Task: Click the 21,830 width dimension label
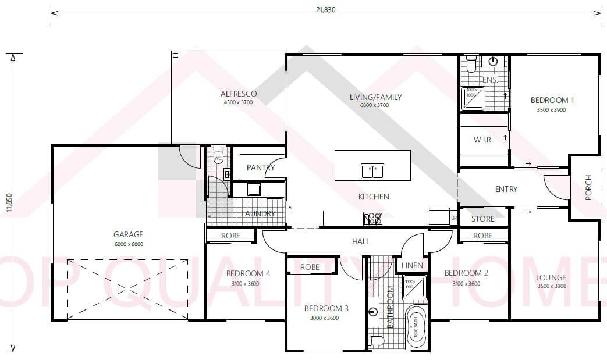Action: [x=325, y=9]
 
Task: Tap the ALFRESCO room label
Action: [x=239, y=94]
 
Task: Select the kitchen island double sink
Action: [x=372, y=171]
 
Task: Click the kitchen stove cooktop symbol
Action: [x=372, y=219]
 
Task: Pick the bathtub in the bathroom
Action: [x=416, y=328]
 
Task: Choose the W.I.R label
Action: [x=483, y=140]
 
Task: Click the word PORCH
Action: [x=588, y=187]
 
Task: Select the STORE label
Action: [x=483, y=219]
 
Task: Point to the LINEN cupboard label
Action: [x=412, y=265]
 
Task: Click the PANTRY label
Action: [x=260, y=168]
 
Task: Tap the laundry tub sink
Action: [x=254, y=189]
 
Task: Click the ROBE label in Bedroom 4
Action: [x=230, y=236]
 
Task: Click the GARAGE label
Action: [x=128, y=234]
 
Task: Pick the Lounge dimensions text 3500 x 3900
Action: [x=551, y=286]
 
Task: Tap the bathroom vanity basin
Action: [x=373, y=312]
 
